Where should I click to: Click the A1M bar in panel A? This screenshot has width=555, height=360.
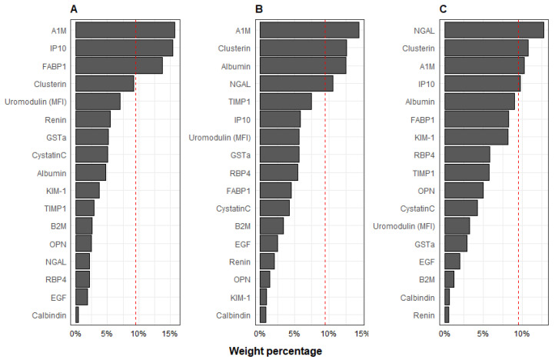125,30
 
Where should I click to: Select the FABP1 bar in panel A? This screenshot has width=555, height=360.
118,65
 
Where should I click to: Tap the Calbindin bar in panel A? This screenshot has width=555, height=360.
77,314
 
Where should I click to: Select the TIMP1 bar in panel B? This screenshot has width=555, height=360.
285,101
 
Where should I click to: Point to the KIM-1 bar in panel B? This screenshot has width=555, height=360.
263,296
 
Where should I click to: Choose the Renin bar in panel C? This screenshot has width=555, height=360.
447,314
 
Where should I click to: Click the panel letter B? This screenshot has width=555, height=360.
258,9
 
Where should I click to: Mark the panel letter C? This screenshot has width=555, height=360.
442,9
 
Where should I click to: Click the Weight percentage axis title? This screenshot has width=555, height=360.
276,351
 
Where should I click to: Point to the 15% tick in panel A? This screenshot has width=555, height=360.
171,334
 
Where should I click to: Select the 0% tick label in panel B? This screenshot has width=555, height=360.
260,334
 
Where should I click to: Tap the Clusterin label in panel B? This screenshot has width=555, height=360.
233,48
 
